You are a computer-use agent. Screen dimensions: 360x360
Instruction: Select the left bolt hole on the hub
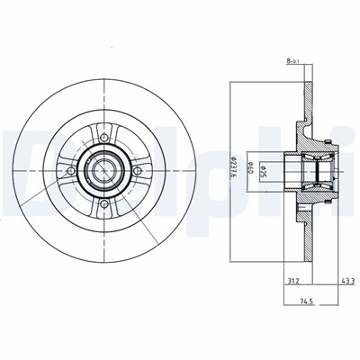click(73, 171)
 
